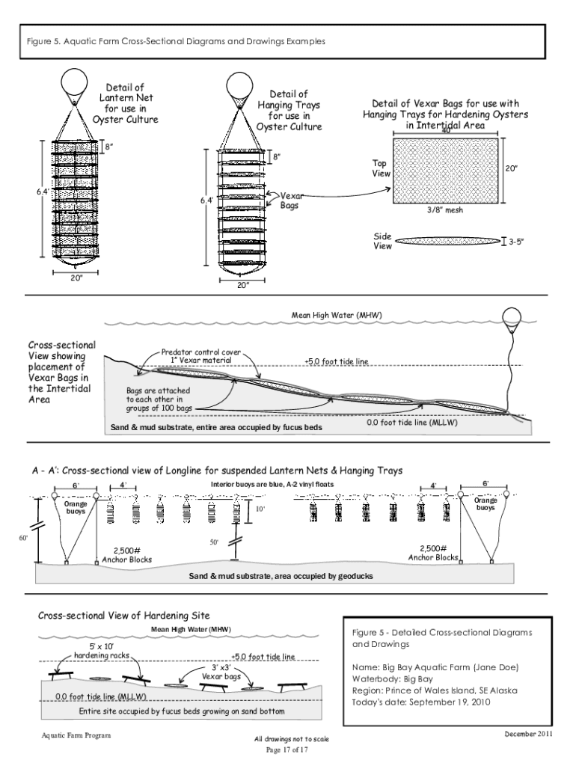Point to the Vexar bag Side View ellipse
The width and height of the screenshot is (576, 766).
pyautogui.click(x=448, y=241)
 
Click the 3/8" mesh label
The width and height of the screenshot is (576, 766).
pyautogui.click(x=445, y=211)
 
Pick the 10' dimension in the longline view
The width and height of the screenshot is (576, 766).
pyautogui.click(x=260, y=509)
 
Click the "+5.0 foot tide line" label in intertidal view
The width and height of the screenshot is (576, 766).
pyautogui.click(x=337, y=361)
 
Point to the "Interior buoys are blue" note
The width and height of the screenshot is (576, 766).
pyautogui.click(x=272, y=485)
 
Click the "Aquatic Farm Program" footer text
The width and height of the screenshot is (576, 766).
pyautogui.click(x=76, y=735)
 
